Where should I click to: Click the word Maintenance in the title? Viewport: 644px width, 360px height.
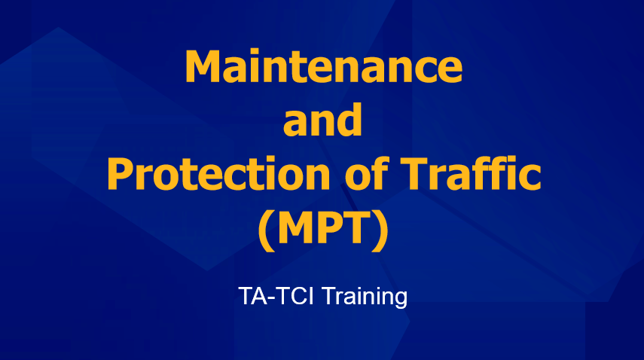pyautogui.click(x=324, y=66)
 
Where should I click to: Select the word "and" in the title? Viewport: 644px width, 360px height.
pyautogui.click(x=323, y=120)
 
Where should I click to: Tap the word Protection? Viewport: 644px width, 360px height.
pyautogui.click(x=218, y=174)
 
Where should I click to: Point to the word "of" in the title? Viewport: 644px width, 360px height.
pyautogui.click(x=366, y=174)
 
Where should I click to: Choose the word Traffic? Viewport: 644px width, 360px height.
pyautogui.click(x=471, y=173)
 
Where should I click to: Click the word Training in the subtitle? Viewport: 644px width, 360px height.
pyautogui.click(x=365, y=297)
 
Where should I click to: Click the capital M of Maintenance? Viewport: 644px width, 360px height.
pyautogui.click(x=204, y=66)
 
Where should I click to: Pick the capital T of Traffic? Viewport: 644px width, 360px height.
pyautogui.click(x=414, y=174)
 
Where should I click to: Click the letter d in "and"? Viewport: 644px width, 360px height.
pyautogui.click(x=349, y=120)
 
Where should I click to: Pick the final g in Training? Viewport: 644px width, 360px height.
pyautogui.click(x=400, y=299)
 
